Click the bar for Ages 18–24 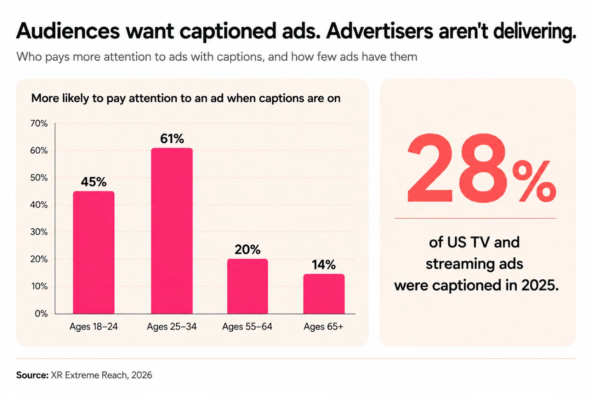(94, 252)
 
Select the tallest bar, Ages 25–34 (172, 231)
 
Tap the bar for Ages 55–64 (248, 286)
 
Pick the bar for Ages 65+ (324, 294)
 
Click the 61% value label (172, 139)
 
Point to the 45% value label (94, 182)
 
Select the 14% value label (324, 265)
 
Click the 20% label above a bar (248, 250)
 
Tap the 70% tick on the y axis (39, 123)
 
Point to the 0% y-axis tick (41, 314)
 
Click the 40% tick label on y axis (39, 205)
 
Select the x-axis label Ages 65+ (324, 327)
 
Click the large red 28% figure (482, 168)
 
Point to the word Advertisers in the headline (379, 31)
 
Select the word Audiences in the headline (68, 31)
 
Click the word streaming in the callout (456, 264)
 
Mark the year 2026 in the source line (142, 375)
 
